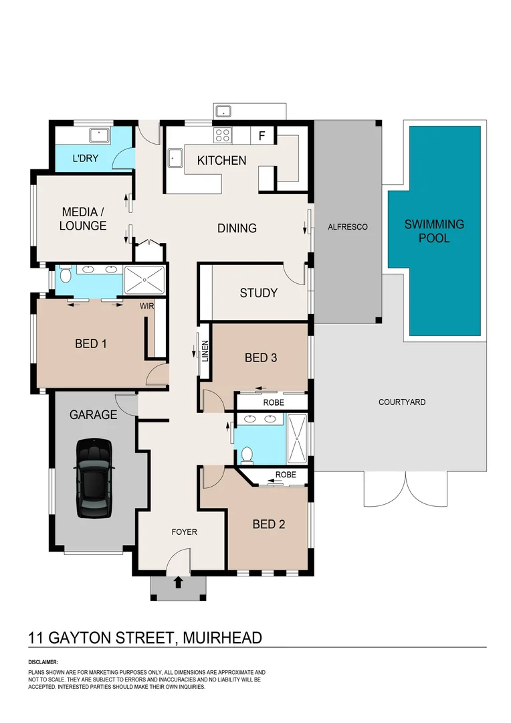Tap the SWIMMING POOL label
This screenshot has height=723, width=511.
pos(434,231)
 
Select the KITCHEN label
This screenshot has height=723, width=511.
pos(221,161)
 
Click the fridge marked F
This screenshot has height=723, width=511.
pos(262,136)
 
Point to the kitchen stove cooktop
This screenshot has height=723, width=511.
pos(222,135)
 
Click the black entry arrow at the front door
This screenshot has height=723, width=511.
pos(178,582)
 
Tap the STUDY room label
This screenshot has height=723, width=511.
pos(258,293)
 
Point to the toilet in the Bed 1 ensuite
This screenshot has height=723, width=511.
pos(66,276)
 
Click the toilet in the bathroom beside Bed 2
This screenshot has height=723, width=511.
pos(246,455)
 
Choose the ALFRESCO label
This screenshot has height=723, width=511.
pos(347,227)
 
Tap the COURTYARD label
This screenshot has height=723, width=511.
pos(401,402)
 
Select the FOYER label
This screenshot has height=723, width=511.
pos(184,532)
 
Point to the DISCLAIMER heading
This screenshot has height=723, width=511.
pos(43,661)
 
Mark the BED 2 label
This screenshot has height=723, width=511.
pos(268,524)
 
